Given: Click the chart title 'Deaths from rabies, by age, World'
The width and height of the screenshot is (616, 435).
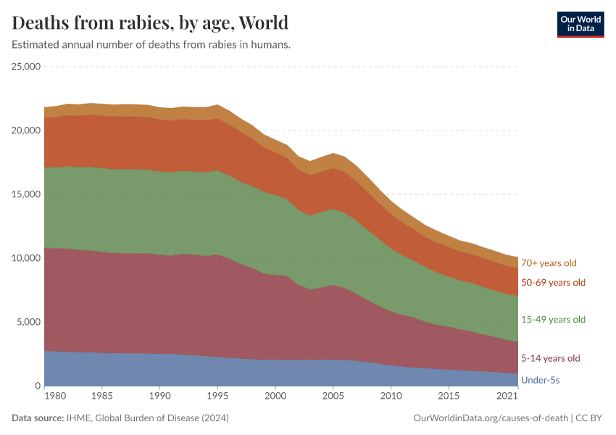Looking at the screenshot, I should click(150, 22).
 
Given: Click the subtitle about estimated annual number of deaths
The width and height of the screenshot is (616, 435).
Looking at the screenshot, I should click(151, 45).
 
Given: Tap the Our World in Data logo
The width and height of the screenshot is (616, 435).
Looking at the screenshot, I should click(580, 24).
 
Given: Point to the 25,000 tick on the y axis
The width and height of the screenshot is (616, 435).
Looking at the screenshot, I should click(27, 67).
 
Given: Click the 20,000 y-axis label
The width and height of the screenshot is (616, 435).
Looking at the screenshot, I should click(27, 130).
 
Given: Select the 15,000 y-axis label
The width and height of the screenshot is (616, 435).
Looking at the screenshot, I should click(27, 194).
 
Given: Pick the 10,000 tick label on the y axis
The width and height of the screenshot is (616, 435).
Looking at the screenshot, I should click(27, 258).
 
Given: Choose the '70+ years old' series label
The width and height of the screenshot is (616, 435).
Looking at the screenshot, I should click(549, 263).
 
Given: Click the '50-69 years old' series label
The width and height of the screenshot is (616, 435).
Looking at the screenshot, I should click(553, 282).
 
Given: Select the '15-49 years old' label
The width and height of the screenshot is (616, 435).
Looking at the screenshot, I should click(553, 320).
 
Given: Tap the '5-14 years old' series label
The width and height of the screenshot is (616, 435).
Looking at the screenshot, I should click(551, 358).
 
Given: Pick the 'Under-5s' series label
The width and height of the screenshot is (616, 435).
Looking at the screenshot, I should click(541, 380).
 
